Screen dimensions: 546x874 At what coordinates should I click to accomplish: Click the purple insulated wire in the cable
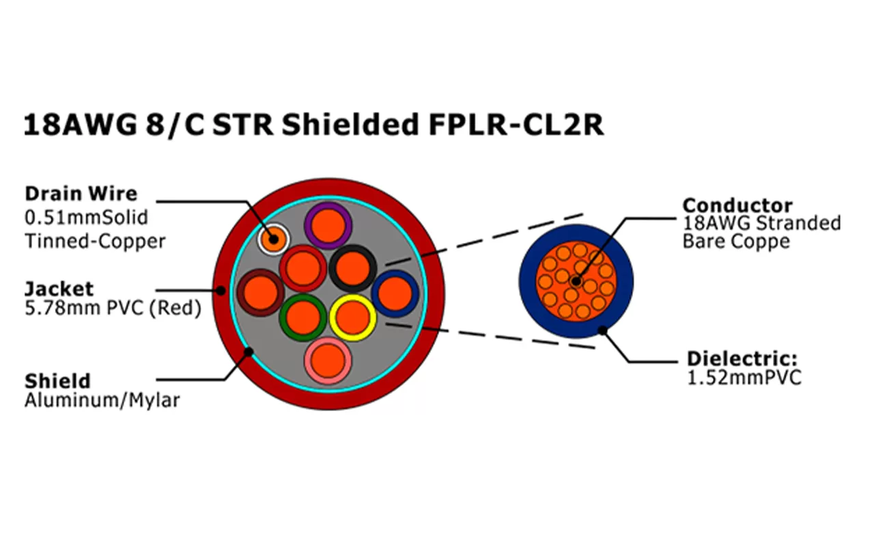(327, 225)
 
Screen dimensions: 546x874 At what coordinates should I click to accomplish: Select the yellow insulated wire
(352, 317)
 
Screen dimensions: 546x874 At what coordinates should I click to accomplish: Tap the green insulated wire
(302, 318)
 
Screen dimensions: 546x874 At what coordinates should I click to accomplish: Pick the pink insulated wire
(328, 361)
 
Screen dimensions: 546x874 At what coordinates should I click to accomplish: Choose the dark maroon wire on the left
(260, 293)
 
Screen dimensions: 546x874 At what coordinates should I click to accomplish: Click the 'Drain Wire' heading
(81, 193)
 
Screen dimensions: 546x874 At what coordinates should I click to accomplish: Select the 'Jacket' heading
(59, 288)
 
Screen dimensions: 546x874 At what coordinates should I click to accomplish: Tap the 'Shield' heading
(57, 380)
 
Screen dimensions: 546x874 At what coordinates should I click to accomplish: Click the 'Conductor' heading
(737, 205)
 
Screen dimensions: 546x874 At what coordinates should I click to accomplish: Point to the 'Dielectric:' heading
(742, 358)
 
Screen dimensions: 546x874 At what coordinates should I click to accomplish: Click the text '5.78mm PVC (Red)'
(113, 308)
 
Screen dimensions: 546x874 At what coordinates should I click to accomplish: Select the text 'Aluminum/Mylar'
(102, 400)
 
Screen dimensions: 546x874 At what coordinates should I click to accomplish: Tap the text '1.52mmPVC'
(744, 377)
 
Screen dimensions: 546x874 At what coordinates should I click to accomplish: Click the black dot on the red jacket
(221, 290)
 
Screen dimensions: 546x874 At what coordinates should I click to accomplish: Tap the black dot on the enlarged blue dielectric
(603, 331)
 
